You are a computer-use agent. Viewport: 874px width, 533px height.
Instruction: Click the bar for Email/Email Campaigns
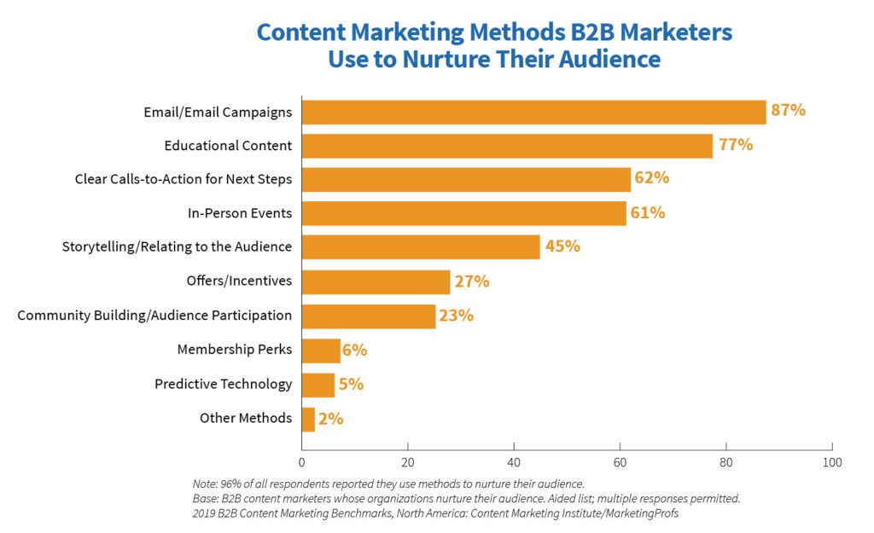pyautogui.click(x=533, y=112)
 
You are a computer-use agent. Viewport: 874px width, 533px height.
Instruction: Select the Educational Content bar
pyautogui.click(x=507, y=146)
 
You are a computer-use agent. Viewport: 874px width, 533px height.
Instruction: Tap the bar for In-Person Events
pyautogui.click(x=463, y=213)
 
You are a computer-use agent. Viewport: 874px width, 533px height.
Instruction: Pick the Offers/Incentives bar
pyautogui.click(x=376, y=281)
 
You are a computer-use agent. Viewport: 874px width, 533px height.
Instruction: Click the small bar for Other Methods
pyautogui.click(x=308, y=419)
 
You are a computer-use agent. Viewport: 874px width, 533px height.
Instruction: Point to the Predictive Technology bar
pyautogui.click(x=318, y=385)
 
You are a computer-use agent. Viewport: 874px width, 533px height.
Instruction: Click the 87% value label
pyautogui.click(x=788, y=110)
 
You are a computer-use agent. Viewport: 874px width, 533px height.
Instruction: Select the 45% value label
pyautogui.click(x=562, y=246)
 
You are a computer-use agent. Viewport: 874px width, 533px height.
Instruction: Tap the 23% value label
pyautogui.click(x=456, y=315)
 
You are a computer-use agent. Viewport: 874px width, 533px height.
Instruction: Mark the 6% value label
pyautogui.click(x=356, y=350)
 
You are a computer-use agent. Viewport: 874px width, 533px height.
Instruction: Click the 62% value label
pyautogui.click(x=652, y=178)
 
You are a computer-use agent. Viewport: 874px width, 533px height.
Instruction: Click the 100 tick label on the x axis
pyautogui.click(x=832, y=462)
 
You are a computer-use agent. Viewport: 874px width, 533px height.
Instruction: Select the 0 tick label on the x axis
pyautogui.click(x=301, y=462)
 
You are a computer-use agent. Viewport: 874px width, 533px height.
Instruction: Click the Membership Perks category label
pyautogui.click(x=234, y=350)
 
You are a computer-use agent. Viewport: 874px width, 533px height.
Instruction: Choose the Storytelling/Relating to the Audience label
pyautogui.click(x=177, y=247)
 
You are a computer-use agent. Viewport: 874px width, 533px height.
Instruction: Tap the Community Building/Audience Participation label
pyautogui.click(x=154, y=316)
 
